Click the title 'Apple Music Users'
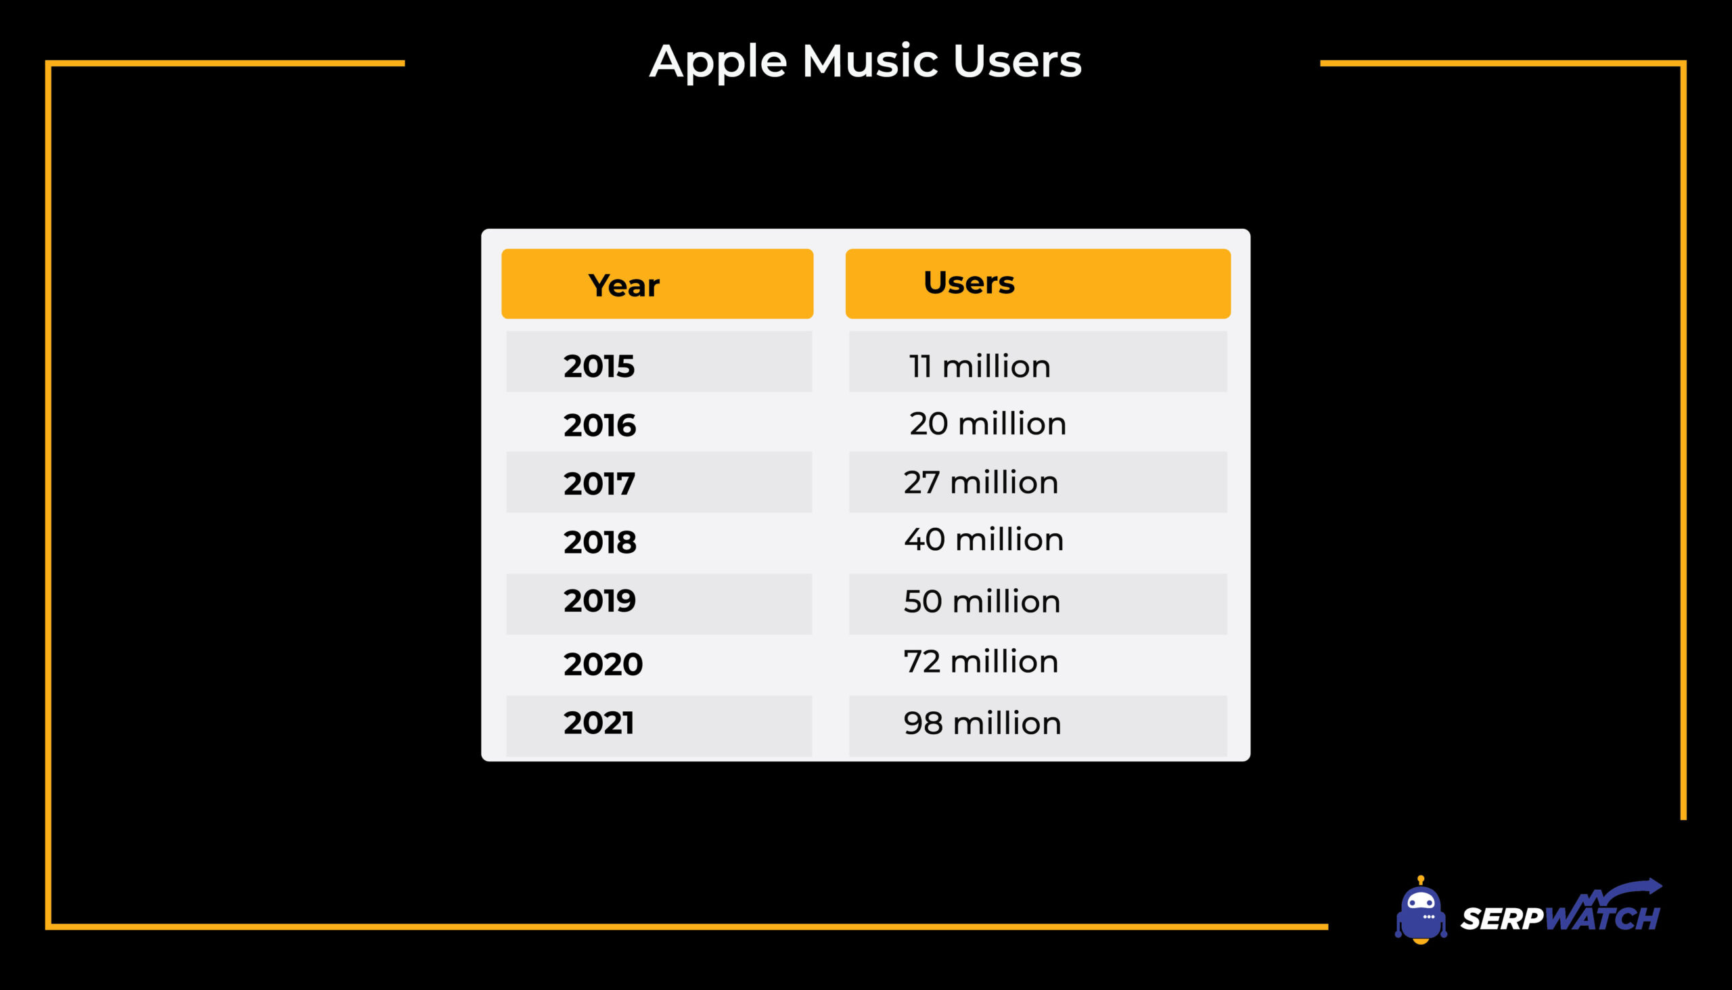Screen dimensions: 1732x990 click(865, 62)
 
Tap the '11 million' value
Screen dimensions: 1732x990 click(980, 366)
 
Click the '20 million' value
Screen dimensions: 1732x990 click(988, 423)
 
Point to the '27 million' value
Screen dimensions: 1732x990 click(981, 482)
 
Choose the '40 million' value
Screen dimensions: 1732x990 click(984, 539)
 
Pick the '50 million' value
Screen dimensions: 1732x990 click(982, 601)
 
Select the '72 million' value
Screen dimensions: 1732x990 click(981, 661)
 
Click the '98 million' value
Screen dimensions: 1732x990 click(982, 723)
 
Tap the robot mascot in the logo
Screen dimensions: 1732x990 click(1420, 910)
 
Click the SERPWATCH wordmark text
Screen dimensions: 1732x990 click(1561, 918)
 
